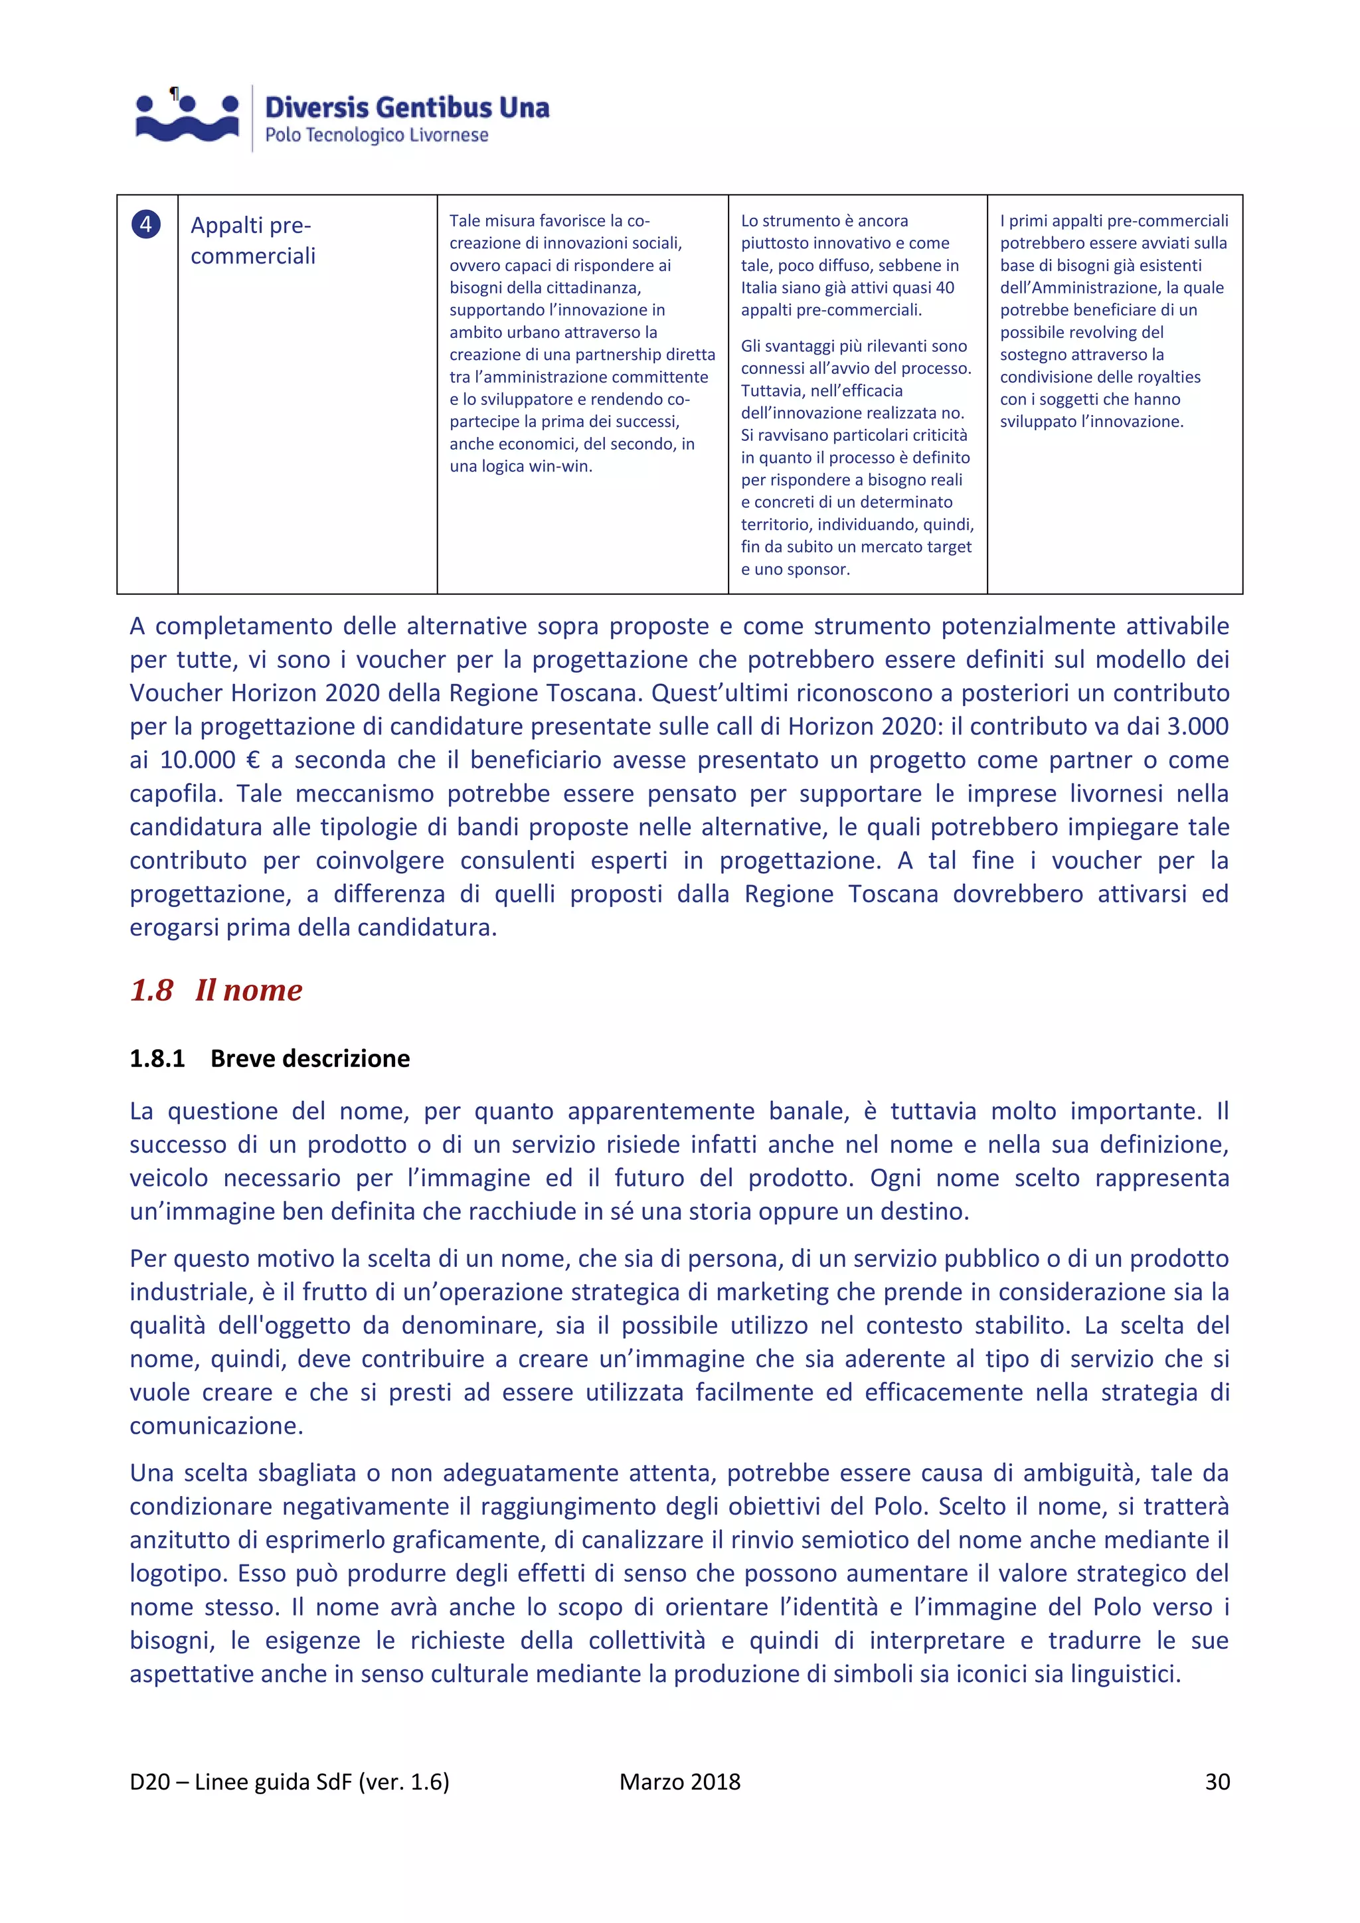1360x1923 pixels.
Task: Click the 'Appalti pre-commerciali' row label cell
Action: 252,240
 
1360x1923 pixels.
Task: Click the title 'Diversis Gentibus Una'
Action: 407,107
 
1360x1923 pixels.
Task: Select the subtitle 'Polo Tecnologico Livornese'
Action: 377,135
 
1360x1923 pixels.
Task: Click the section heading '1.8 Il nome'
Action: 215,990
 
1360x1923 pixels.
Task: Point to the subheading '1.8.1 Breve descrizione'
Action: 270,1058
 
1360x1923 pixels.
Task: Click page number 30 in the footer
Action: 1217,1782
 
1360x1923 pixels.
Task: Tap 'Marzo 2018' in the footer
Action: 679,1782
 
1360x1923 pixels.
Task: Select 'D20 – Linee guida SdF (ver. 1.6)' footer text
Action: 289,1782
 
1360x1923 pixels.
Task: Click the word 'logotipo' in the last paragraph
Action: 176,1574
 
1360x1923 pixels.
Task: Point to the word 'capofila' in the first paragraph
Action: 174,794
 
